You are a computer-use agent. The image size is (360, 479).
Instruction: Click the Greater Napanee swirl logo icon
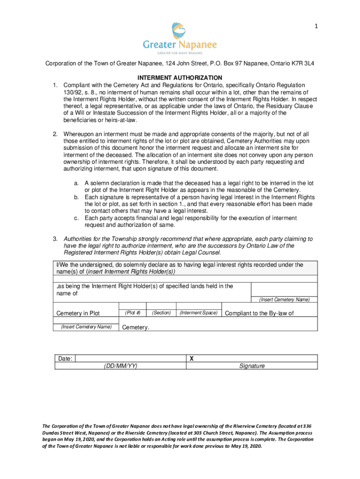180,31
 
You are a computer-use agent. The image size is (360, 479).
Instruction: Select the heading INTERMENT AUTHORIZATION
180,78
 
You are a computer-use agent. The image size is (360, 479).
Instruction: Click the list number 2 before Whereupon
55,134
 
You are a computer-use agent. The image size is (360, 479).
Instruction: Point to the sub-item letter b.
76,197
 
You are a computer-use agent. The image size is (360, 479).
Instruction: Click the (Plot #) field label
133,312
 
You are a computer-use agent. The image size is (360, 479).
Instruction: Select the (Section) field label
161,312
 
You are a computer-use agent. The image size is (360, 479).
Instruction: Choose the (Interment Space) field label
199,312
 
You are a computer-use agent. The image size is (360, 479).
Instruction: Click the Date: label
65,359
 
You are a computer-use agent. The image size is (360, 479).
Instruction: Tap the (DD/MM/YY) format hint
121,366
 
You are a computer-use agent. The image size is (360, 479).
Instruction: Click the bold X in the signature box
191,358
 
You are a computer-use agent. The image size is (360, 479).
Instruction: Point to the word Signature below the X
252,366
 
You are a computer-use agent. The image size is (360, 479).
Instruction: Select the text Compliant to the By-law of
259,313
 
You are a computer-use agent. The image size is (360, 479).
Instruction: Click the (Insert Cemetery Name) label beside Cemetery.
86,327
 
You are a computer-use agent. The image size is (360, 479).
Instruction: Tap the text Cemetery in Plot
78,313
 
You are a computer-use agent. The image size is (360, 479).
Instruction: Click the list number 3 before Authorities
55,239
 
